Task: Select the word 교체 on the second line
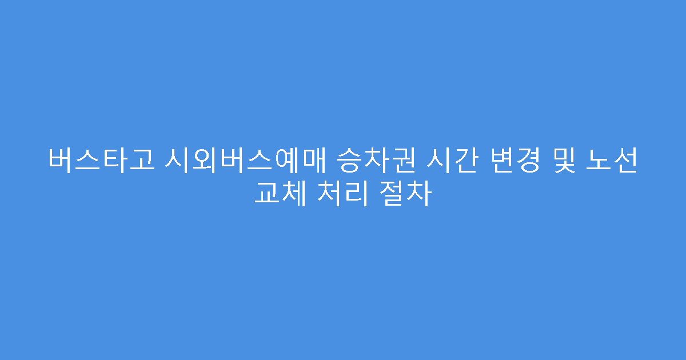click(x=281, y=194)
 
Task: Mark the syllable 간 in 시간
click(x=463, y=160)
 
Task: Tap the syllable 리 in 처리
click(x=356, y=194)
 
